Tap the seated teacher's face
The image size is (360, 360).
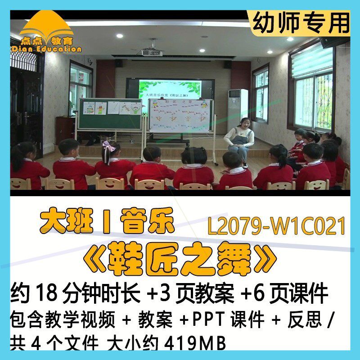pos(245,123)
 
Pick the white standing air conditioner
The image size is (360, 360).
pos(237,108)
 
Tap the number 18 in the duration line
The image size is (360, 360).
pos(41,295)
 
